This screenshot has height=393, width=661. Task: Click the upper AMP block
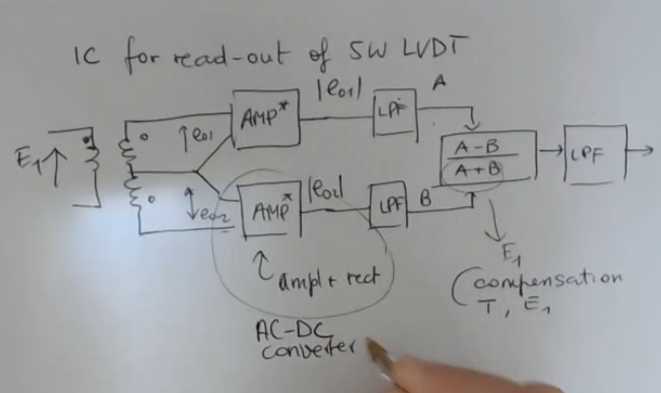[x=265, y=120]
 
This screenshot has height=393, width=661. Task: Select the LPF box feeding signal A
[x=396, y=112]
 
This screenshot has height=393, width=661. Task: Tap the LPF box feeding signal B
[x=390, y=203]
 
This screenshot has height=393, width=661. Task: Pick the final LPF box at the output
[x=595, y=155]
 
